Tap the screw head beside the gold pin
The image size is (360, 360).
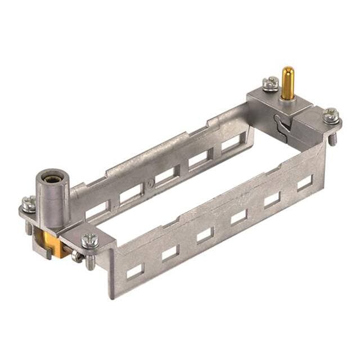271,83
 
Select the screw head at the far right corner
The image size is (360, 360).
331,115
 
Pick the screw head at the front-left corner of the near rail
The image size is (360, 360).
89,241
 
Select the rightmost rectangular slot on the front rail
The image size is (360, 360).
304,182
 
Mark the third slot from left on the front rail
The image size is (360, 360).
204,235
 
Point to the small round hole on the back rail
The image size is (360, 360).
150,183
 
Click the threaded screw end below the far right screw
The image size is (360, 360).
332,138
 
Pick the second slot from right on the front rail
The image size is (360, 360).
272,199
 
